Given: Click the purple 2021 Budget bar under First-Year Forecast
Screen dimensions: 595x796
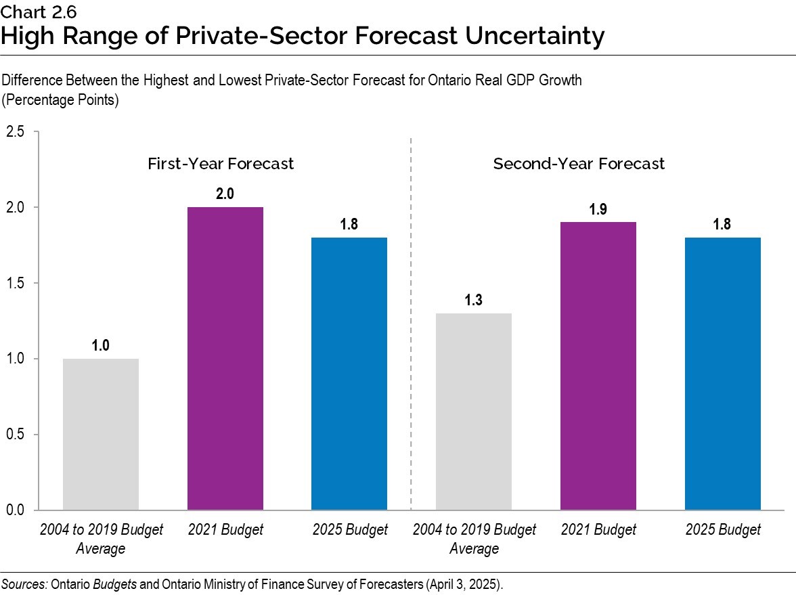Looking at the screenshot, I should tap(225, 358).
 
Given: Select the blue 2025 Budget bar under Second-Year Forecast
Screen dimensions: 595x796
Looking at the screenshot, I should tap(722, 373).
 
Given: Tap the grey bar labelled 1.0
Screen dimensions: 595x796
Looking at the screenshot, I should tap(100, 434).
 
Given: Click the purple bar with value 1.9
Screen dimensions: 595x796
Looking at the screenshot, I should tap(598, 366).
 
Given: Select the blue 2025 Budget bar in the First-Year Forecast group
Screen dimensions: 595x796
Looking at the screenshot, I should tap(349, 373).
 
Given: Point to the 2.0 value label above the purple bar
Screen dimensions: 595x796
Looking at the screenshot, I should tap(225, 194).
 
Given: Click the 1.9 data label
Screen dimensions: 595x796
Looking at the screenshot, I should tap(598, 209).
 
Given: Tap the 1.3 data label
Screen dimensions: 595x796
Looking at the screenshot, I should tap(473, 300).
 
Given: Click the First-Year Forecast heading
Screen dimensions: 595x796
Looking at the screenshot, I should tap(221, 164).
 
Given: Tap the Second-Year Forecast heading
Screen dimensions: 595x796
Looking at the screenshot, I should tap(579, 164).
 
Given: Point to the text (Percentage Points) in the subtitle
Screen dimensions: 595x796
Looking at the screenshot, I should tap(61, 100).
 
